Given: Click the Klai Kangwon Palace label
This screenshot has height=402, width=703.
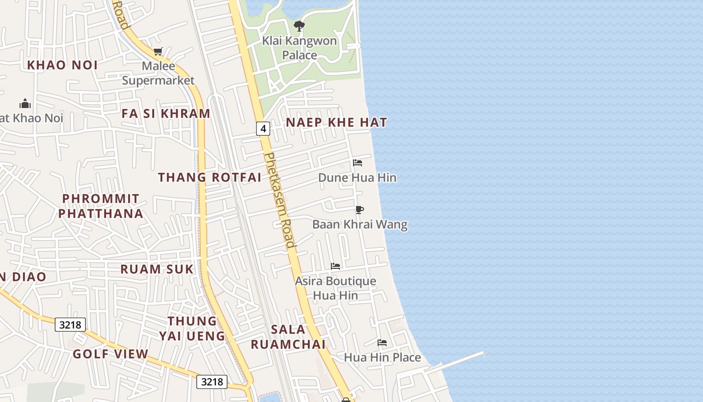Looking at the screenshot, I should tap(299, 48).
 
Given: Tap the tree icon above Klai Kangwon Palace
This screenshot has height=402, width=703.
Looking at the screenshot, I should tap(299, 26).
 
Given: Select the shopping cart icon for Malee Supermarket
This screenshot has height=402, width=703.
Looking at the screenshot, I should tap(158, 51).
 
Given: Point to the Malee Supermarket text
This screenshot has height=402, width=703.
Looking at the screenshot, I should tap(158, 73).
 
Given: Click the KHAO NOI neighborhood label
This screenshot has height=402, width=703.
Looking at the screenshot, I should tap(62, 65).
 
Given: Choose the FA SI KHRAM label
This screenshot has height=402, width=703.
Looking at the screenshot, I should tap(166, 114).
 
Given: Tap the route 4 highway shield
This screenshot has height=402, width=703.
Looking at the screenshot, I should tap(263, 129).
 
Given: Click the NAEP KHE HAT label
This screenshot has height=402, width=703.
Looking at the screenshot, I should tap(336, 122).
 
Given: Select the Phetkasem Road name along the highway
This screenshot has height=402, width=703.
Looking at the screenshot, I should tap(279, 200).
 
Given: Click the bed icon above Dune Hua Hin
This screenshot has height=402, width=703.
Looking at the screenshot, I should tap(358, 162).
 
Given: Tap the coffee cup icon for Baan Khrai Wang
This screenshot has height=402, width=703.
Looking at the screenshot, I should tap(359, 210).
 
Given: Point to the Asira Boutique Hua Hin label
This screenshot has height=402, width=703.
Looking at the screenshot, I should tap(335, 288).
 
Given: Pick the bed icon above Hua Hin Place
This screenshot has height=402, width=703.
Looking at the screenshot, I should tap(382, 343).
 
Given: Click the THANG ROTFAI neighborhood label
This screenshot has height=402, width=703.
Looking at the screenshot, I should tap(210, 177).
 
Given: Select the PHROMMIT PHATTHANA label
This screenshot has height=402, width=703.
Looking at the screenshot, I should tap(101, 206).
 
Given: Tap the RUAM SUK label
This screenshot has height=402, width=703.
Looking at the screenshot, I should tap(157, 269).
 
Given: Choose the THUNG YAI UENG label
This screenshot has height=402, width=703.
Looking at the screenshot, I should tap(192, 328).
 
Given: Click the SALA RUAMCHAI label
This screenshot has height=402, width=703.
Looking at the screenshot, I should tap(288, 337).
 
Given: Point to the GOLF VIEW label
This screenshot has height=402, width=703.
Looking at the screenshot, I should tap(110, 354).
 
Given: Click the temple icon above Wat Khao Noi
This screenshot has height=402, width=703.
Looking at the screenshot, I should tap(25, 104).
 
